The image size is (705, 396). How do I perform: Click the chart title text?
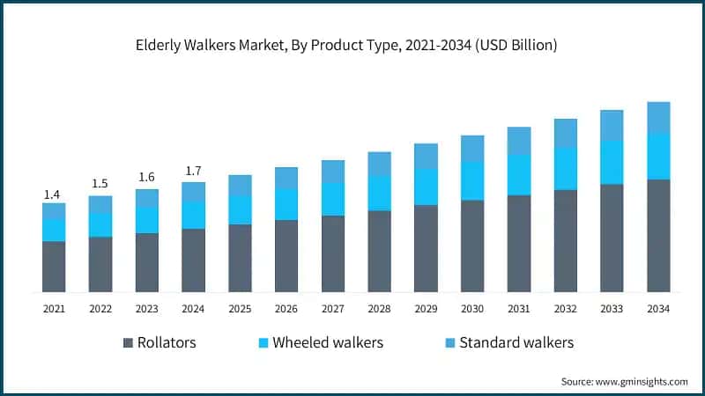click(352, 46)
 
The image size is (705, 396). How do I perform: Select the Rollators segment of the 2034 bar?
click(658, 235)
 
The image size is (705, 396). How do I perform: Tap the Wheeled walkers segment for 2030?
click(472, 180)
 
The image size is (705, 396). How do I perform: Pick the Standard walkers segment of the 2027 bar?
click(332, 171)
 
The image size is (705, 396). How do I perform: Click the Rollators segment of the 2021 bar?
click(54, 266)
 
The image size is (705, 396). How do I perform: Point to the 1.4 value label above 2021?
click(54, 194)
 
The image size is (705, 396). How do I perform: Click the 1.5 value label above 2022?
click(100, 184)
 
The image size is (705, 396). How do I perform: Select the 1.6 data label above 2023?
click(147, 177)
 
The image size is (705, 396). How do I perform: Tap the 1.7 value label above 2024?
click(193, 171)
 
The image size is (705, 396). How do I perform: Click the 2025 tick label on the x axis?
click(240, 309)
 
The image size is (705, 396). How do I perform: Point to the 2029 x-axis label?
click(426, 309)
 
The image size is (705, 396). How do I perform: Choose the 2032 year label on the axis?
click(565, 309)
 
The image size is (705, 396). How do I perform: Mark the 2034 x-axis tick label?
click(658, 309)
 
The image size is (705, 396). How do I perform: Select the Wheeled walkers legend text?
click(328, 342)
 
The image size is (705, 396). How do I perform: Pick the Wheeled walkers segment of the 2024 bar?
click(193, 215)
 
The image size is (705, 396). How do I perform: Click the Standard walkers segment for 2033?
click(612, 125)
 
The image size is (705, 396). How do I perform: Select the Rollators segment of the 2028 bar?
click(379, 251)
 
